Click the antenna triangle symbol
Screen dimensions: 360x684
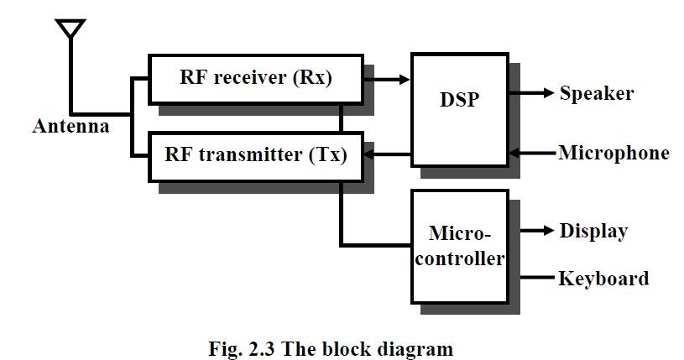coord(71,29)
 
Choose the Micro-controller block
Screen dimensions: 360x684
coord(459,246)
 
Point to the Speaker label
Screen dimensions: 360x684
coord(597,92)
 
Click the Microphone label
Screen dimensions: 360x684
coord(614,153)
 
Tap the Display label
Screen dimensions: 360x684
coord(593,231)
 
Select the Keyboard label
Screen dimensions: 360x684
coord(603,278)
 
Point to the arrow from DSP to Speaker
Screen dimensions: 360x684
coord(531,92)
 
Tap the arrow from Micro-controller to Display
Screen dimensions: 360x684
coord(531,231)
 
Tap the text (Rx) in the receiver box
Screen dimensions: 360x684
coord(315,80)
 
